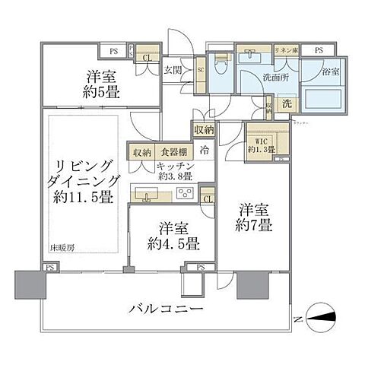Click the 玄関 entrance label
(x=171, y=70)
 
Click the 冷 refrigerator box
(x=204, y=151)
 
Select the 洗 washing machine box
(x=284, y=103)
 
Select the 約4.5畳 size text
(x=173, y=245)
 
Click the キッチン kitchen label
(x=176, y=166)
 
